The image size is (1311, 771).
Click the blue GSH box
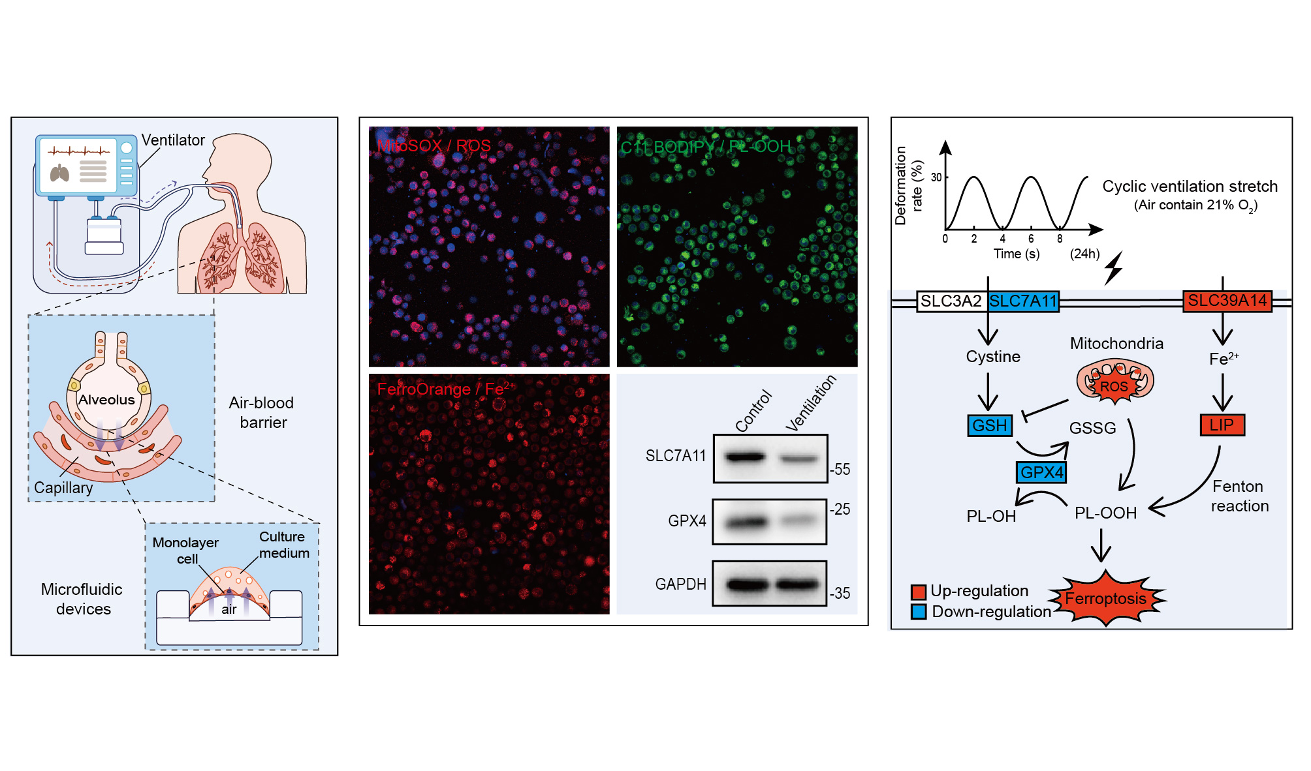click(x=989, y=426)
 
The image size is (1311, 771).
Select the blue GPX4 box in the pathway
click(x=1041, y=472)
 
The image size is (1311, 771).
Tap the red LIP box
click(x=1222, y=425)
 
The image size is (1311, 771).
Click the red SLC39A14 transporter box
click(x=1227, y=301)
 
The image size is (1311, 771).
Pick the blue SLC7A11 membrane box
click(x=1023, y=301)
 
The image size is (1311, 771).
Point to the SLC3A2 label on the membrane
click(x=951, y=301)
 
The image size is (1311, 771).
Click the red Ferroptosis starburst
click(x=1106, y=598)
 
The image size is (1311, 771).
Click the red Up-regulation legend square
click(x=919, y=592)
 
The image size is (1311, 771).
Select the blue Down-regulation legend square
click(x=919, y=612)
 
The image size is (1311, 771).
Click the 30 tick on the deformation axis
click(x=936, y=177)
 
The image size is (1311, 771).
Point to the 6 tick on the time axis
click(x=1031, y=239)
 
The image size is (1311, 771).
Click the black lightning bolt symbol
click(x=1114, y=268)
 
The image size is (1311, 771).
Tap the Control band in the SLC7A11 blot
click(x=745, y=457)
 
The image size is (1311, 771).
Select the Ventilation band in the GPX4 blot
click(x=798, y=521)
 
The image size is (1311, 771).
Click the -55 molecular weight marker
click(x=840, y=469)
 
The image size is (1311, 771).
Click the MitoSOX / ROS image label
click(x=434, y=145)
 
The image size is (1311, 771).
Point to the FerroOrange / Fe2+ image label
click(x=446, y=389)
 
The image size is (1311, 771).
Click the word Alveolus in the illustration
click(x=106, y=400)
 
